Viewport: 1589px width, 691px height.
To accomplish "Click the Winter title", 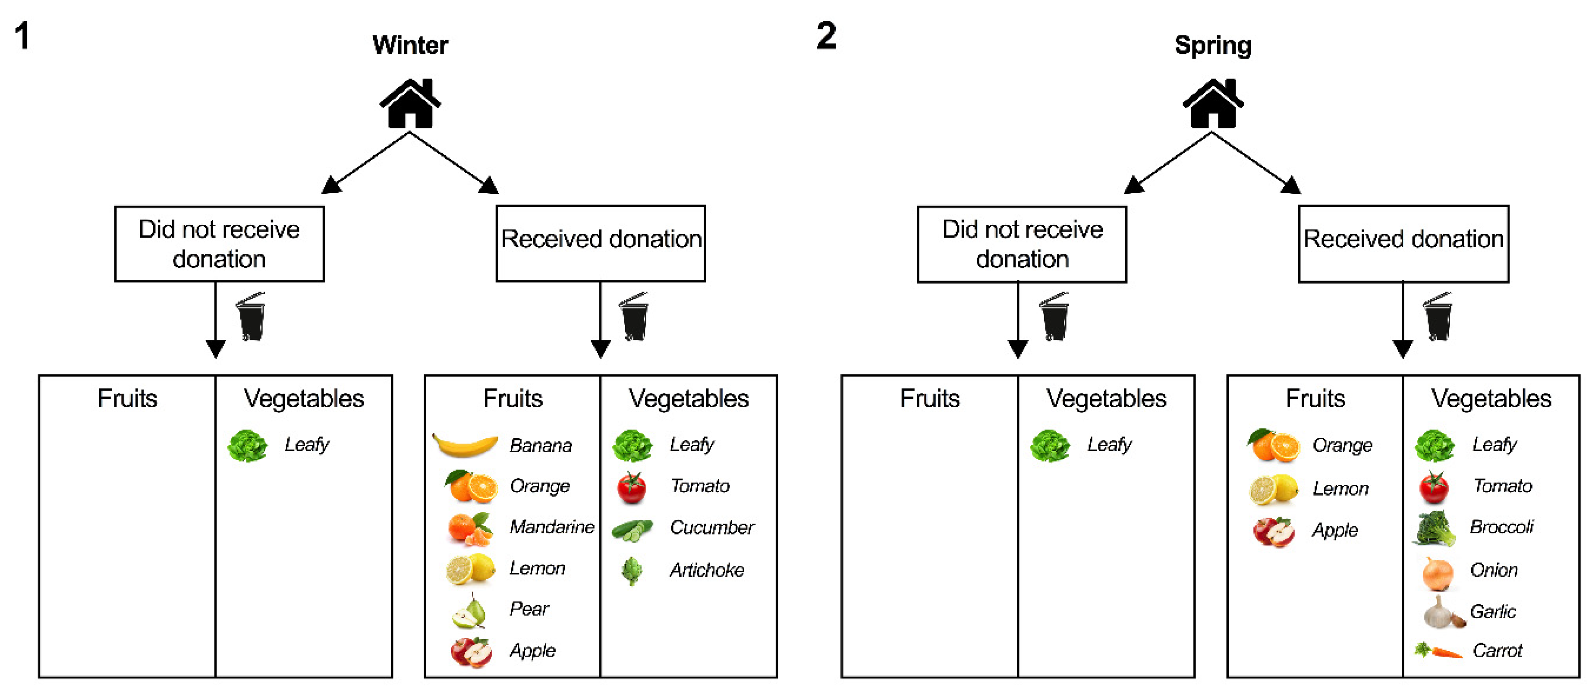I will [x=410, y=45].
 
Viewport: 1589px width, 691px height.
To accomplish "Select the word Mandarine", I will [x=551, y=527].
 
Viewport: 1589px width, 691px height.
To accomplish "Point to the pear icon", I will [x=469, y=611].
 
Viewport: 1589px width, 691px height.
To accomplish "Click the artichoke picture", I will [x=631, y=571].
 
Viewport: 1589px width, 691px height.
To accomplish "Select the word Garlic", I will [x=1493, y=611].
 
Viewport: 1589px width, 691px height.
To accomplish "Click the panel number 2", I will [x=826, y=36].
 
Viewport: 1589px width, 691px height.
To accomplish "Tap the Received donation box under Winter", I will [x=600, y=244].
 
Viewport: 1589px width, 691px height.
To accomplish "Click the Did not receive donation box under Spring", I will [x=1022, y=244].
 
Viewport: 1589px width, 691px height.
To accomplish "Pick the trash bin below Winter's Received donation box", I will [x=634, y=317].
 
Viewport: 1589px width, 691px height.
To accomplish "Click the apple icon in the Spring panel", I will [x=1274, y=531].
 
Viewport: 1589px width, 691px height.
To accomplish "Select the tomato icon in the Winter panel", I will [x=631, y=487].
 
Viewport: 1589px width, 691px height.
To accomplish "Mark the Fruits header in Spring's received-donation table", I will [x=1315, y=399].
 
